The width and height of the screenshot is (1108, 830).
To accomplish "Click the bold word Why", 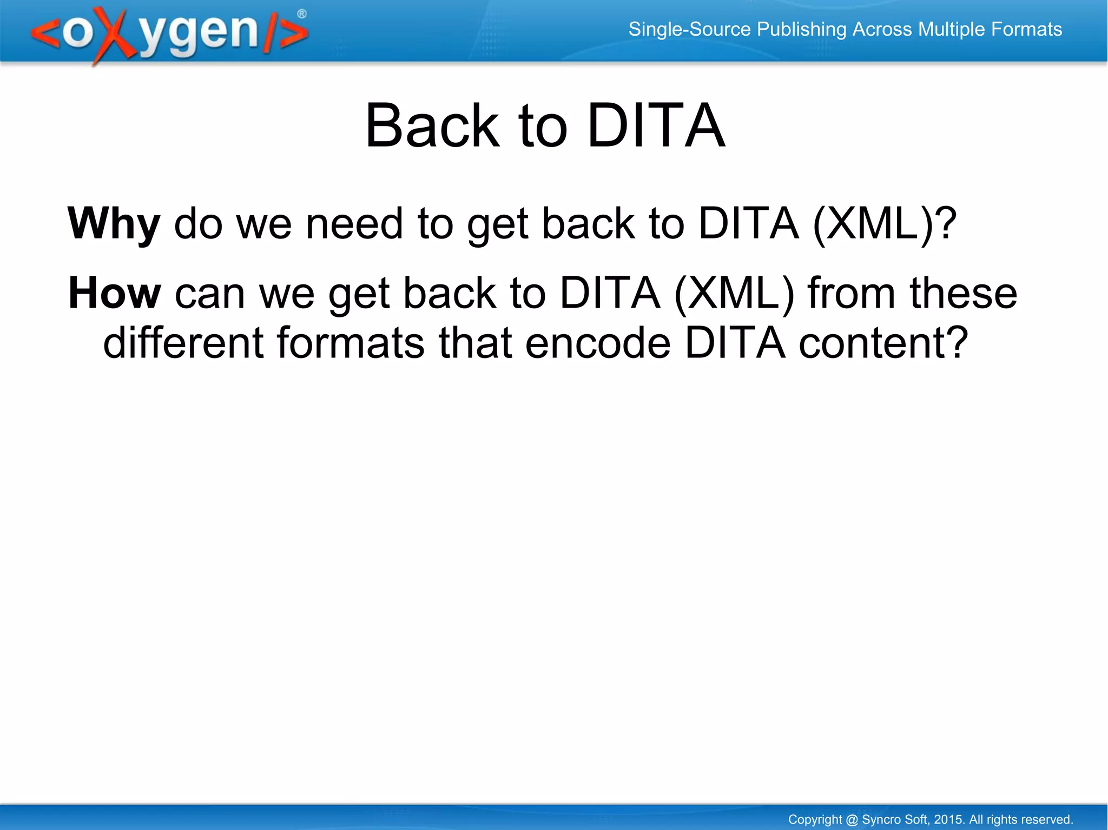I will pos(114,224).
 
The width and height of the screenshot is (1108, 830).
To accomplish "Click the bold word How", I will pos(115,293).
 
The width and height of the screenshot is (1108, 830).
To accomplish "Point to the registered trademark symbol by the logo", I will pos(302,14).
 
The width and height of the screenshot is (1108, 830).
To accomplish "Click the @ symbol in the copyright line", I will pos(852,820).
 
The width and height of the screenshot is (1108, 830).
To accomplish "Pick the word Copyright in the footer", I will pos(815,820).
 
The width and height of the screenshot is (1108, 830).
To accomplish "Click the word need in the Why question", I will pos(354,224).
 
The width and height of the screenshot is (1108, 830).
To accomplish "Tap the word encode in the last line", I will pos(598,343).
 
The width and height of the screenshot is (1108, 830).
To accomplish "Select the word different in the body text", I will pos(183,343).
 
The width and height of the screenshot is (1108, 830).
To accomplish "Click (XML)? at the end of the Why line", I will pos(885,224).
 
